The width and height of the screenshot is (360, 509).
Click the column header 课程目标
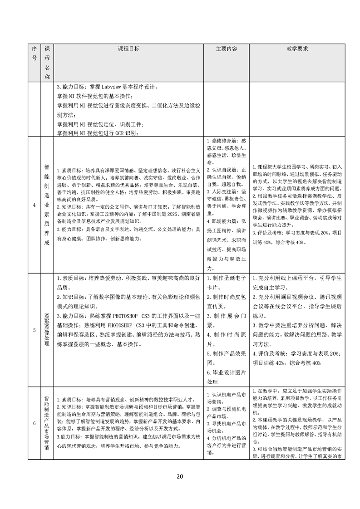128,49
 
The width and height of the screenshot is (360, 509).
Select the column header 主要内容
226,49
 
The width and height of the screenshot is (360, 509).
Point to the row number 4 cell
35,205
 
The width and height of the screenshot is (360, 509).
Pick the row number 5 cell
35,330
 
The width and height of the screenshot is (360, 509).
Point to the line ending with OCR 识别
98,132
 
